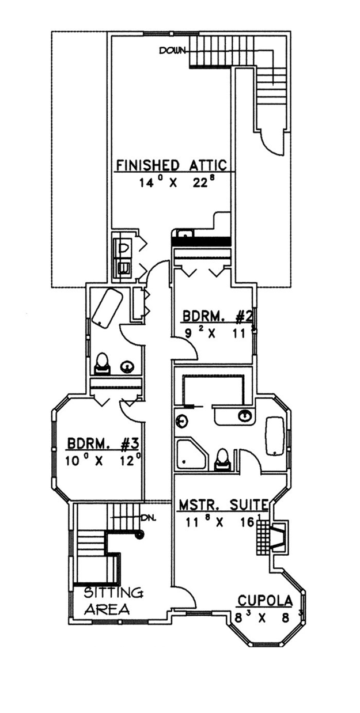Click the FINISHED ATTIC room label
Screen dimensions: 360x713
[171, 165]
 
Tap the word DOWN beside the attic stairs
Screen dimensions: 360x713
[172, 50]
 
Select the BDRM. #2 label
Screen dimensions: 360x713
[218, 317]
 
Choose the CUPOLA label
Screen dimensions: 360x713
[265, 601]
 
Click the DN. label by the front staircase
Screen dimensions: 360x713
[149, 518]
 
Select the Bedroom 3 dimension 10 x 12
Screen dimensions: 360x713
[103, 460]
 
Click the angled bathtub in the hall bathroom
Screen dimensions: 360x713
[107, 308]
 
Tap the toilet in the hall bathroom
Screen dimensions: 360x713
[103, 364]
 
